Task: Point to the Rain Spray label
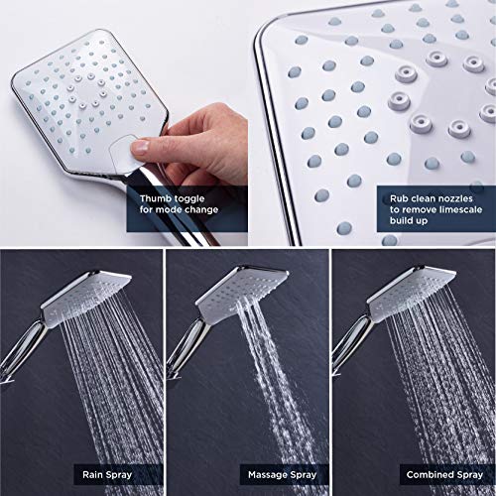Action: coord(107,475)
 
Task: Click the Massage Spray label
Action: coord(283,475)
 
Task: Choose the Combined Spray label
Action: coord(444,475)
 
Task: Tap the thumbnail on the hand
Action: coord(140,147)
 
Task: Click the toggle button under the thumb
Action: coord(123,155)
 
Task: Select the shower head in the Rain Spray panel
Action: coord(86,296)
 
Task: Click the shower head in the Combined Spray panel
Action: coord(412,294)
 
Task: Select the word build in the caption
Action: coord(401,220)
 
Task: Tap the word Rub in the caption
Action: coord(399,198)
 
